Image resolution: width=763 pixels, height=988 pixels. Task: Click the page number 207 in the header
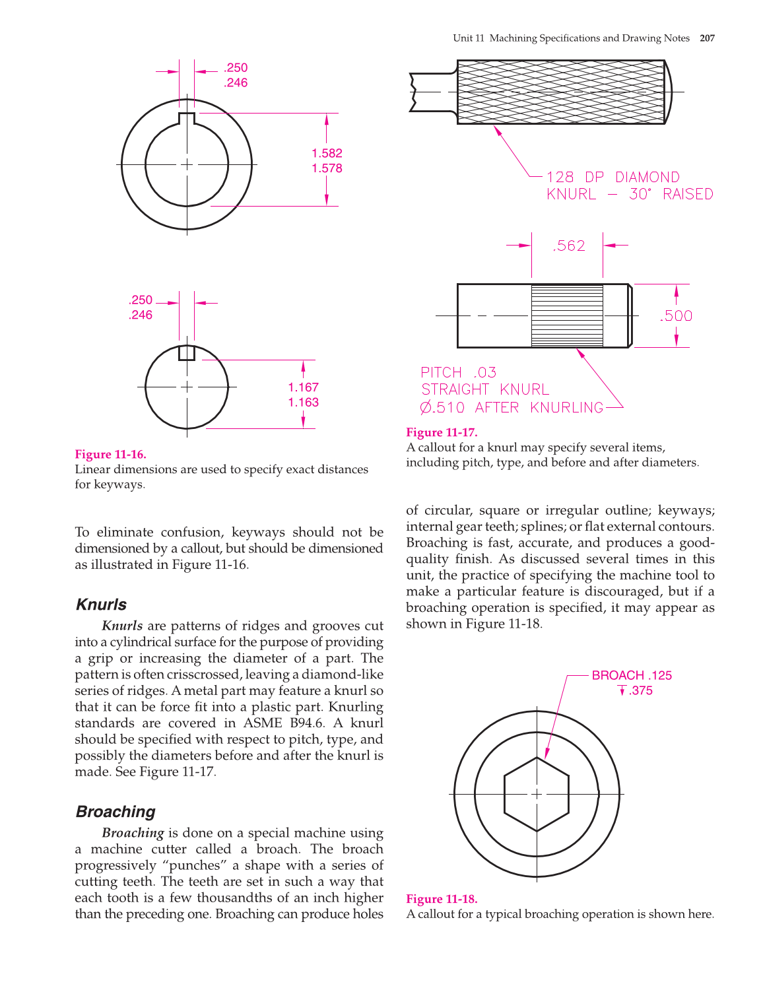(707, 38)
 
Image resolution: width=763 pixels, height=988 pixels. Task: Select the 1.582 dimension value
(327, 153)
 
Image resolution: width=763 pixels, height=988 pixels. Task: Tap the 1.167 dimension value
(303, 387)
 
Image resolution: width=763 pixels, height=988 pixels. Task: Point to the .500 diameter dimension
(676, 316)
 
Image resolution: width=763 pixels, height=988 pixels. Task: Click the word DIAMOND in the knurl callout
(647, 178)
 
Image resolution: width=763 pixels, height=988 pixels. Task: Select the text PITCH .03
(458, 373)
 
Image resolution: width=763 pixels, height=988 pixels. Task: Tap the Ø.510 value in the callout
(442, 408)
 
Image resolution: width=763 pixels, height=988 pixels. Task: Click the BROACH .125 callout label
(631, 675)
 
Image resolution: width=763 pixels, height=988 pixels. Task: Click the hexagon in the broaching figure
(536, 794)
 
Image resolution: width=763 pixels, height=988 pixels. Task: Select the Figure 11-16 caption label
(110, 454)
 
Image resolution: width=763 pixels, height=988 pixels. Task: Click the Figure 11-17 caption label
(441, 432)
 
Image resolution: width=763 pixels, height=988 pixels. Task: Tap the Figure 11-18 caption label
(441, 899)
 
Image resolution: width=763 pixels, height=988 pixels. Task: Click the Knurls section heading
(101, 605)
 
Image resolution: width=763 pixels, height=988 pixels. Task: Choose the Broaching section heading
(116, 812)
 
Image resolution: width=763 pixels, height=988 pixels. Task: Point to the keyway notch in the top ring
(187, 119)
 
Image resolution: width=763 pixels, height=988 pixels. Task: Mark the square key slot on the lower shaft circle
(187, 352)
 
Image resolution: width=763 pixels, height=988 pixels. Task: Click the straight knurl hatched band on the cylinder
(567, 315)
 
